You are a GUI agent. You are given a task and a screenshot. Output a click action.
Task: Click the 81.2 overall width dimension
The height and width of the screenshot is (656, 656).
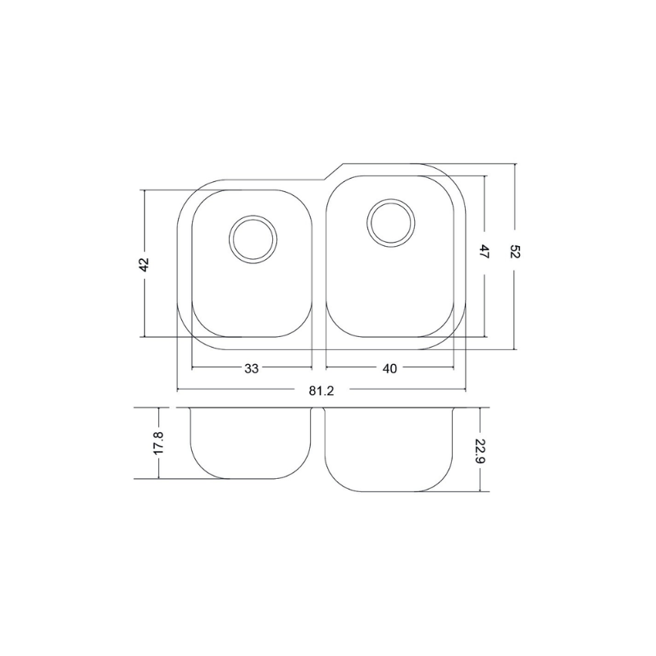tap(321, 391)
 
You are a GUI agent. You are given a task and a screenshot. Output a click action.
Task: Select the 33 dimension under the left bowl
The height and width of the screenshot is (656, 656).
tap(252, 368)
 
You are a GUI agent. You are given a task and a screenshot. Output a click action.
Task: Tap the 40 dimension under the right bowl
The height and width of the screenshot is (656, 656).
tap(389, 368)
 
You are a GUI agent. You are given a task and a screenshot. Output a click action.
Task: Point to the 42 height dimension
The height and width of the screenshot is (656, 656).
tap(143, 264)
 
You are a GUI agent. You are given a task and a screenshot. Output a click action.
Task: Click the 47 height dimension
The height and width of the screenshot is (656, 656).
tap(485, 253)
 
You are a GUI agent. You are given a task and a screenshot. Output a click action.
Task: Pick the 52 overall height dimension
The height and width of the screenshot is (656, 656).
tap(515, 253)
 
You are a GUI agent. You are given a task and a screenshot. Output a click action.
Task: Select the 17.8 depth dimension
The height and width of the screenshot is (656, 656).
tap(158, 443)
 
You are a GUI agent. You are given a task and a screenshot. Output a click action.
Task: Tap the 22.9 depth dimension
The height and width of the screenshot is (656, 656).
tap(481, 449)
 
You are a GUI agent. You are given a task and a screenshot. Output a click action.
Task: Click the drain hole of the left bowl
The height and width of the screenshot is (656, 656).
tap(253, 239)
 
